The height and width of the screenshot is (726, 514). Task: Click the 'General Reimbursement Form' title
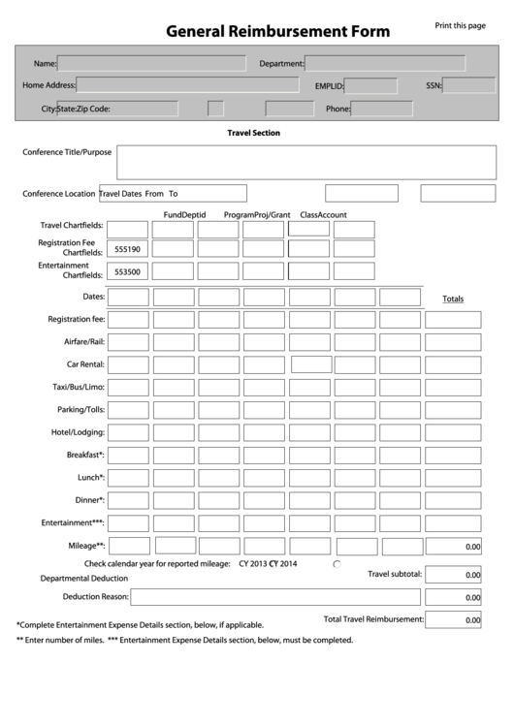277,31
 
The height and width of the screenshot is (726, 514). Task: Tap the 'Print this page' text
460,26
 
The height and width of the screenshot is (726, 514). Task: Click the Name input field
151,64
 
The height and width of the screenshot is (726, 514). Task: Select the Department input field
384,64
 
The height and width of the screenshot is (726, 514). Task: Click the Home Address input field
187,85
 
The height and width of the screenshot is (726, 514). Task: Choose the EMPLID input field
371,86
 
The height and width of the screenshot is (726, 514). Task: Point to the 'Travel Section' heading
253,133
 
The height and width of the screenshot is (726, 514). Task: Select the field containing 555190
128,249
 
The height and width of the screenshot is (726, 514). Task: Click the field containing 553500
128,272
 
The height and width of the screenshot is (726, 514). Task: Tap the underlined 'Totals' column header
453,299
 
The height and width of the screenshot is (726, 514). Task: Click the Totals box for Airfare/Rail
453,342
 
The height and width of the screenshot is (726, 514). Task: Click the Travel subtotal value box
453,575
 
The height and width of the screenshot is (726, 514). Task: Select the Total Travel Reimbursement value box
453,619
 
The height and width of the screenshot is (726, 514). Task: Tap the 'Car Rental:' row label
85,364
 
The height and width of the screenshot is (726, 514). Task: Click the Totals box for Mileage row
453,547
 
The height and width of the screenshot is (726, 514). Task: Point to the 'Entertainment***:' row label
73,522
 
